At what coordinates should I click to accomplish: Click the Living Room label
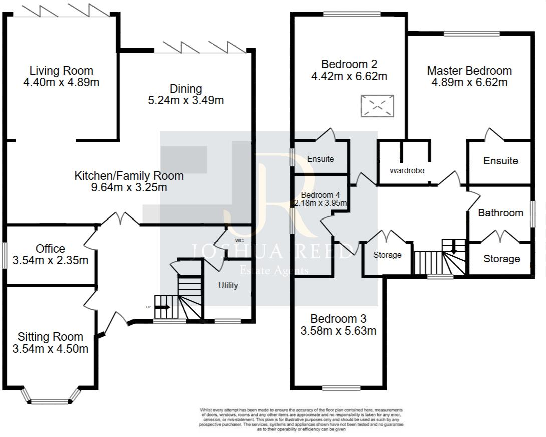click(61, 71)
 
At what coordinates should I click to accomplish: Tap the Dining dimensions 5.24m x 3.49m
click(186, 100)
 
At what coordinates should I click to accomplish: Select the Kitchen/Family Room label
click(129, 176)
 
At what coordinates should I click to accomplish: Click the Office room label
click(50, 249)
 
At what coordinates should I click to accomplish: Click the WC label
click(239, 241)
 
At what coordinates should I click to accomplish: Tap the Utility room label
click(228, 285)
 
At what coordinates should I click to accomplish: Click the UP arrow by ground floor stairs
click(162, 307)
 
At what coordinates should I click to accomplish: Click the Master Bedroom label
click(469, 71)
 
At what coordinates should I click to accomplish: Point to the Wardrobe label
click(407, 171)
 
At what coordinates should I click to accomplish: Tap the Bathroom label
click(500, 213)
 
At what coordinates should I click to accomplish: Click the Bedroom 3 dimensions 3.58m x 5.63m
click(338, 331)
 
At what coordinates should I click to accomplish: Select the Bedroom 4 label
click(320, 195)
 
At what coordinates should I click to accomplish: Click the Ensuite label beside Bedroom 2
click(320, 159)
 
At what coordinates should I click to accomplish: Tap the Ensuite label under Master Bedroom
click(500, 161)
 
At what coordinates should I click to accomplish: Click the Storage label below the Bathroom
click(501, 259)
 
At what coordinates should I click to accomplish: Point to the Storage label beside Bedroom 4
click(387, 255)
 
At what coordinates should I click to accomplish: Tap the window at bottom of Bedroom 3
click(341, 387)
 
